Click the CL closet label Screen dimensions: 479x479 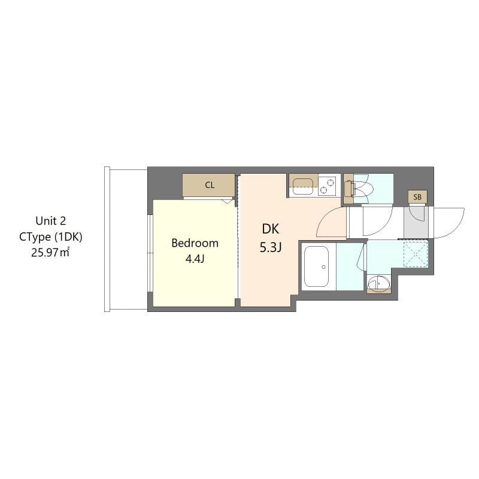(210, 185)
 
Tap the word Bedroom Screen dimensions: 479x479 (195, 243)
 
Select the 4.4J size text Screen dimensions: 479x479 (195, 259)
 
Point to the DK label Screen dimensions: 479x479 (270, 229)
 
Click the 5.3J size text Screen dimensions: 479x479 (270, 247)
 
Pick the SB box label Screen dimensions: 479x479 (417, 197)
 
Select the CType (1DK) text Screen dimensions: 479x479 (50, 237)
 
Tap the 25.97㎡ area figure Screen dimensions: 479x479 (50, 253)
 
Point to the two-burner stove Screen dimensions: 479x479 (328, 185)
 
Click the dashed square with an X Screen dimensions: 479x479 (415, 253)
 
